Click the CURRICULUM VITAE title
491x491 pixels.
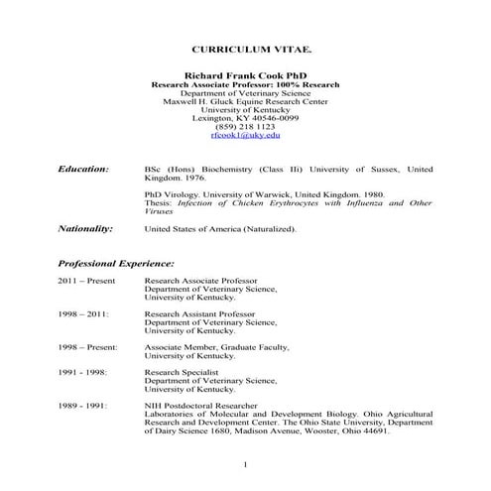tap(246, 48)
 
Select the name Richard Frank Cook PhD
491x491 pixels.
tap(246, 74)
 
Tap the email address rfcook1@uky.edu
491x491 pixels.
tap(246, 136)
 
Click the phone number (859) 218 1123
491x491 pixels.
tap(246, 127)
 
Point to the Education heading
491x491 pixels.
tap(83, 170)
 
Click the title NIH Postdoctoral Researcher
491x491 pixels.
tap(207, 406)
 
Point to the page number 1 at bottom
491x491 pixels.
tap(245, 464)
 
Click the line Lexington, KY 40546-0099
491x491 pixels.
tap(246, 118)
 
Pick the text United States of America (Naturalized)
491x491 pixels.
tap(220, 228)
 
